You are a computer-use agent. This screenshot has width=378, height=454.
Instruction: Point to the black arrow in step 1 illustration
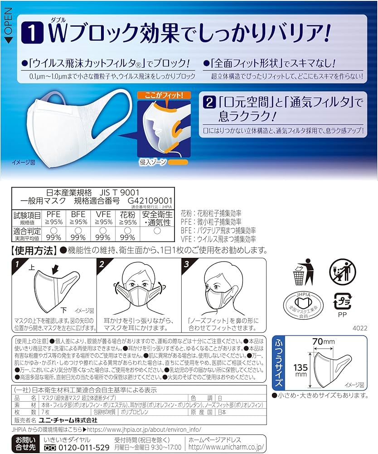pyautogui.click(x=57, y=271)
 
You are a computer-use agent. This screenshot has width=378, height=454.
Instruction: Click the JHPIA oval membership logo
pyautogui.click(x=304, y=303)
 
